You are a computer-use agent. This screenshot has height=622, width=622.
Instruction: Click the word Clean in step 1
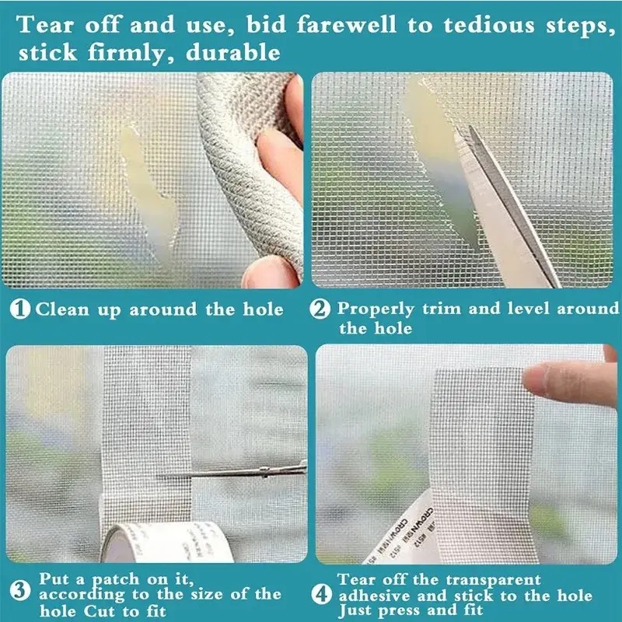[x=63, y=309]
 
